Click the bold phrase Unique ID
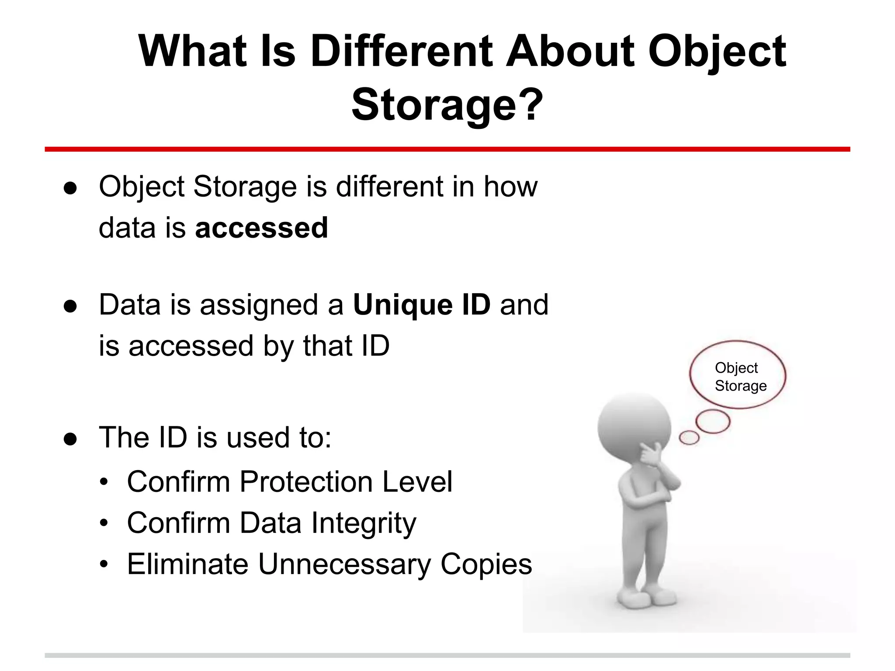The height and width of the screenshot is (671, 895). pos(422,304)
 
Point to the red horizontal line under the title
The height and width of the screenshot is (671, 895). pos(447,149)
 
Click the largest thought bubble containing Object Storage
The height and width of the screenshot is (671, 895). pos(738,375)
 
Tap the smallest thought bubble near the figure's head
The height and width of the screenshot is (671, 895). pos(689,437)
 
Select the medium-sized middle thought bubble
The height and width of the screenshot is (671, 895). pos(713,421)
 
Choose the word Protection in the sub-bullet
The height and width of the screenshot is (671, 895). pos(306,482)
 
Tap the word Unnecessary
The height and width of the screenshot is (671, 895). pos(344,564)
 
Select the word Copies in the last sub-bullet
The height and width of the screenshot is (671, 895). pos(486,564)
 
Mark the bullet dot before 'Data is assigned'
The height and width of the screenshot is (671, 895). pos(70,305)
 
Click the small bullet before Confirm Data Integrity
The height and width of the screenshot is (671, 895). pos(104,523)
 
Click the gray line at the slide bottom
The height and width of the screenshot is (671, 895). pos(447,655)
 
